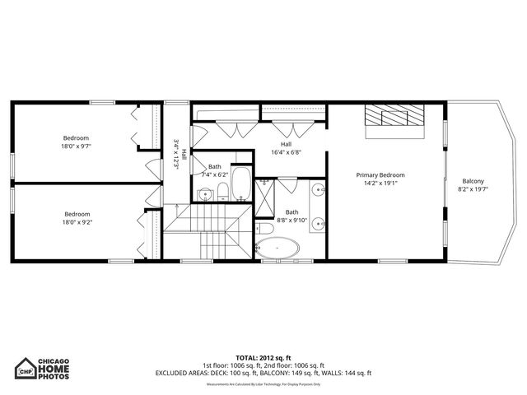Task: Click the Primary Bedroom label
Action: coord(380,175)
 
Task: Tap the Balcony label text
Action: coord(473,181)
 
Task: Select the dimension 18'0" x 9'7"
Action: coord(77,146)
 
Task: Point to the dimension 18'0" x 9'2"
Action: coord(77,221)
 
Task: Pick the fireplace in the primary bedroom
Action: coord(394,116)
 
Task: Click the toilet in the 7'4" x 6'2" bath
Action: coord(222,193)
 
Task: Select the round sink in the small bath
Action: coord(205,194)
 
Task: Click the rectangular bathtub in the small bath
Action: coord(241,184)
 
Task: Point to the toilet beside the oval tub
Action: coord(263,229)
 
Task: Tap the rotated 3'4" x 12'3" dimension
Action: coord(176,153)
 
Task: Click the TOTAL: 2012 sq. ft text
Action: coord(263,358)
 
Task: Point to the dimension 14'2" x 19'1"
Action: coord(380,184)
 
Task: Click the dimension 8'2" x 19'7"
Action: coord(473,189)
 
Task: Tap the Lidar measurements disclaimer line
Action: coord(263,383)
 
